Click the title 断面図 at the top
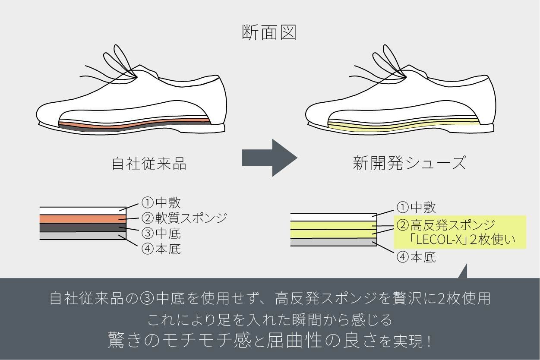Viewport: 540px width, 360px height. point(270,32)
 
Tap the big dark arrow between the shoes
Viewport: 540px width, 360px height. point(270,158)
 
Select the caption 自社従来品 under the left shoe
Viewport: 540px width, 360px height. point(149,164)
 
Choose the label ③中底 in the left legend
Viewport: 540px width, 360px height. point(161,234)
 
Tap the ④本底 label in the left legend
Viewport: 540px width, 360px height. point(161,249)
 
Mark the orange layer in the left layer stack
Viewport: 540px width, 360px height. point(82,218)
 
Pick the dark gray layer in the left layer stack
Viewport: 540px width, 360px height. point(82,227)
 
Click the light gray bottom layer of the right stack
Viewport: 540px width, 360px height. point(333,242)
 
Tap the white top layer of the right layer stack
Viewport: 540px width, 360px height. point(333,217)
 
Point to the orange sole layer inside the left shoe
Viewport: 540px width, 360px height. point(129,124)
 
